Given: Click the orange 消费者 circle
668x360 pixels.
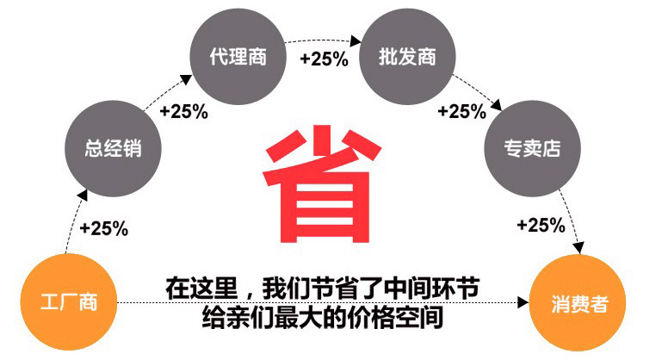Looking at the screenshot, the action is click(x=578, y=303).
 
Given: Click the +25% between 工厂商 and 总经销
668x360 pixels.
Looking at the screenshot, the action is click(x=103, y=228).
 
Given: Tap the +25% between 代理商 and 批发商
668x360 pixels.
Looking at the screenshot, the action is click(x=324, y=59).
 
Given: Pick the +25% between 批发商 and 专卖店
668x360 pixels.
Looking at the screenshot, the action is click(x=462, y=111).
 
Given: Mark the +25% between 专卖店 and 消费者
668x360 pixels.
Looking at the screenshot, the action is click(x=541, y=226).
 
